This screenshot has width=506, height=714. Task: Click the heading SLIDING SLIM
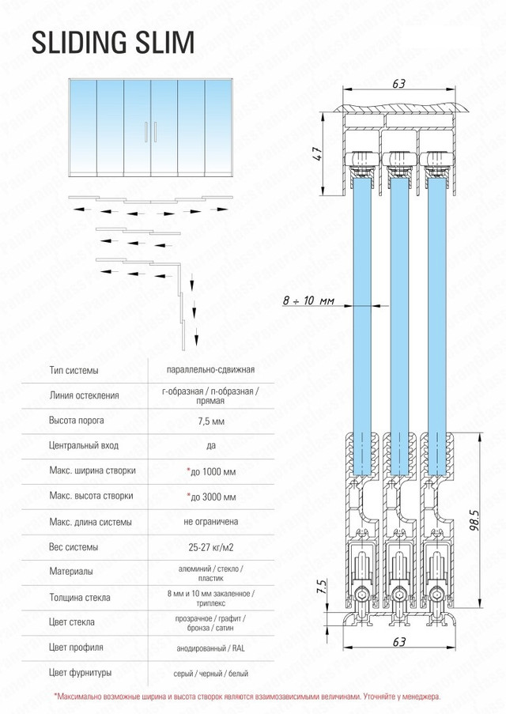pos(112,43)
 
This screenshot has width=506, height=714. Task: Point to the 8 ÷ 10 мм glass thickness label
pos(308,301)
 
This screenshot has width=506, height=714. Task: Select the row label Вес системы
pos(74,547)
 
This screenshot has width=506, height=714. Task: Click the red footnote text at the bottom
pos(247,697)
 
